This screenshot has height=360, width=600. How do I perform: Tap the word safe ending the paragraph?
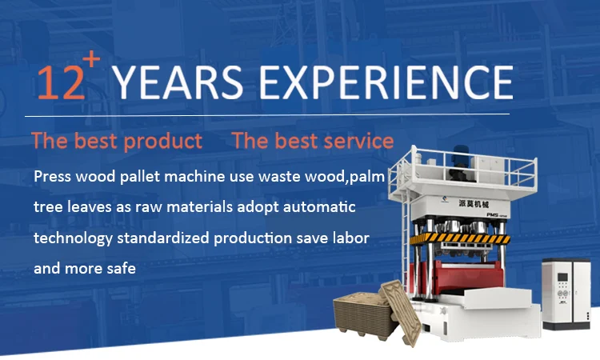pos(118,269)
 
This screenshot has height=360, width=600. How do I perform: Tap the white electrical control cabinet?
pos(565,292)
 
